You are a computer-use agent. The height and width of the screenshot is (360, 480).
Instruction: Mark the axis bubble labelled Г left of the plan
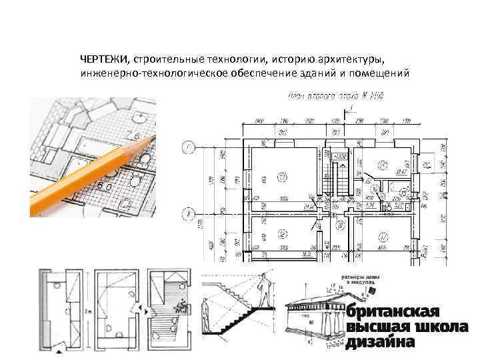coord(191,147)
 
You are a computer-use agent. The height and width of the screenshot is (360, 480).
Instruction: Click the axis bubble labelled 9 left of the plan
coord(191,214)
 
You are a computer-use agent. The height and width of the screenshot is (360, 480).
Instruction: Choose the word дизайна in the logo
coord(381,341)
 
